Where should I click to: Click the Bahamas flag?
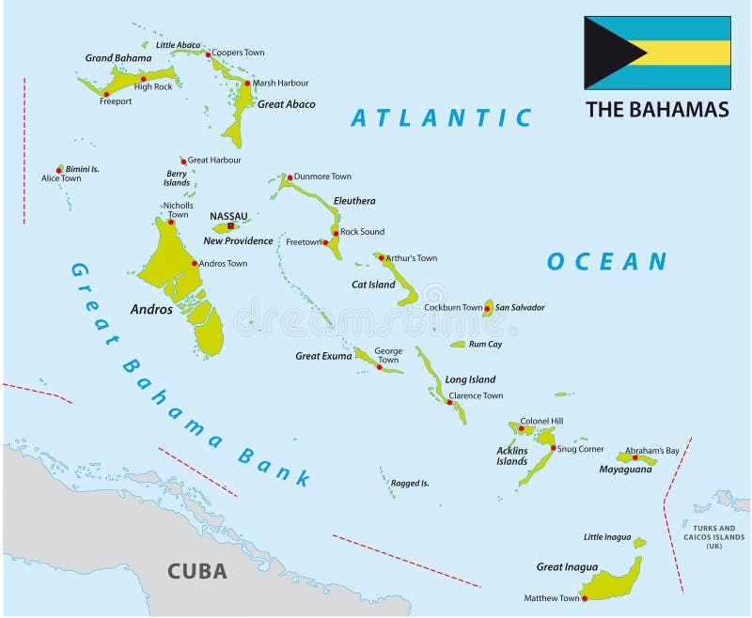tap(657, 53)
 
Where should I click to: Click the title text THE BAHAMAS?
tap(657, 109)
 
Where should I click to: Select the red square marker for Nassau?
tap(230, 226)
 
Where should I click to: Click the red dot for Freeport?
tap(106, 94)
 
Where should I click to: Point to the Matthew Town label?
tap(553, 598)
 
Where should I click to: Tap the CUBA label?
tap(196, 570)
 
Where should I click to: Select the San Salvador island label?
tap(520, 307)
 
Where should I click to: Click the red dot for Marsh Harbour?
tap(247, 84)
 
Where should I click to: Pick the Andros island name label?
tap(151, 309)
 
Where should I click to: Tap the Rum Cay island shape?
tap(458, 345)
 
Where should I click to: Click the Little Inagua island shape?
tap(639, 542)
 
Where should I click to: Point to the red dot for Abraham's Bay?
tap(634, 457)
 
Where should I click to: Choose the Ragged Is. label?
tap(410, 483)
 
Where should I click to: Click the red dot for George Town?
tap(379, 366)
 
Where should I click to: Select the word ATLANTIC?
tap(442, 117)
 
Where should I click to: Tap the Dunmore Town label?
tap(322, 177)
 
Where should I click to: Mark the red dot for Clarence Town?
tap(449, 402)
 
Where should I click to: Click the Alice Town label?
tap(61, 178)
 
